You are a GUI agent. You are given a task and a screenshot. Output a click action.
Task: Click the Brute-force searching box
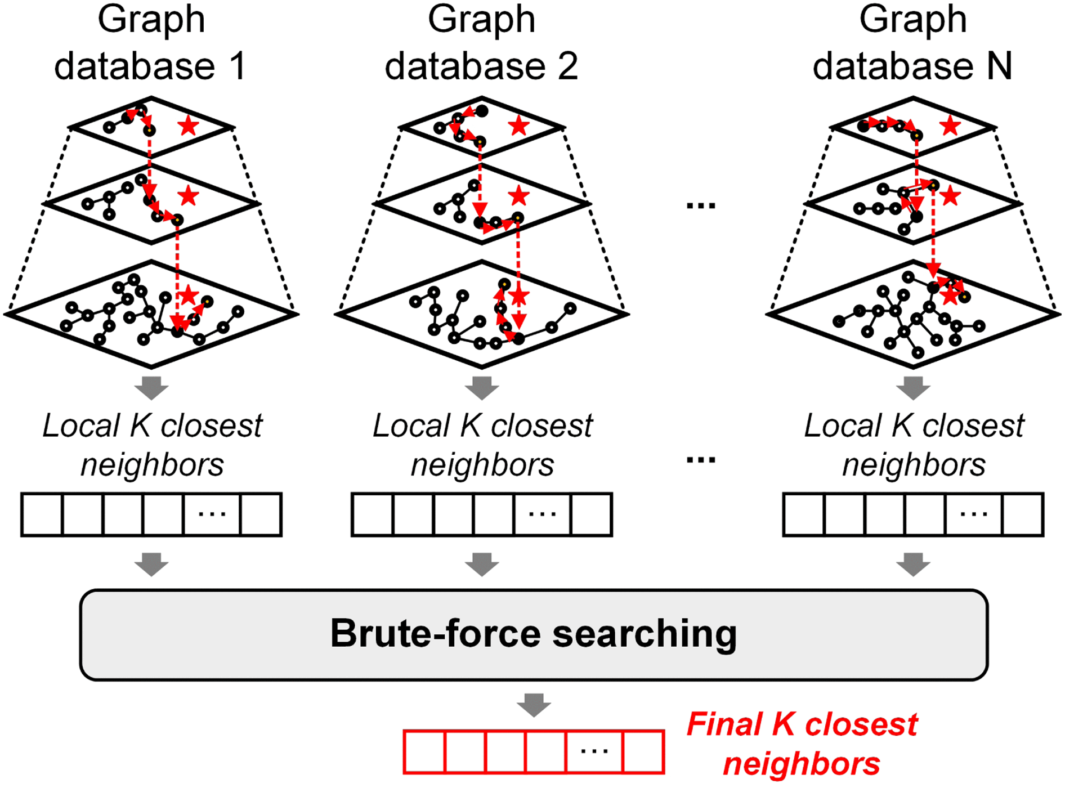click(x=534, y=634)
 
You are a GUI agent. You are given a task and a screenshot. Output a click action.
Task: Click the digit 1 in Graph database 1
click(x=238, y=66)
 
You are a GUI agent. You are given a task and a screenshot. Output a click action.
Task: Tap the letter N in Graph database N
click(x=999, y=66)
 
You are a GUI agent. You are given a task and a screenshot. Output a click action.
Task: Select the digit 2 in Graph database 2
click(x=567, y=66)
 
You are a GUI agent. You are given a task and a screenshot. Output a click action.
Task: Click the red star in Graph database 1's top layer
click(x=188, y=126)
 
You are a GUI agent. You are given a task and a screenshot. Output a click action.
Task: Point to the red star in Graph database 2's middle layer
click(x=518, y=196)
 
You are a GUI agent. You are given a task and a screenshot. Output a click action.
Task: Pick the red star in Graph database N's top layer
click(x=950, y=126)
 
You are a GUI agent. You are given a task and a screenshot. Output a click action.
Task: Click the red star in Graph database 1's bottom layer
click(x=188, y=295)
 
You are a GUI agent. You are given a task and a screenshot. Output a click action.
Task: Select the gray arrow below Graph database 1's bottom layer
click(x=152, y=388)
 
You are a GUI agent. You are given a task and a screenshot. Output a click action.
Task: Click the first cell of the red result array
click(x=425, y=752)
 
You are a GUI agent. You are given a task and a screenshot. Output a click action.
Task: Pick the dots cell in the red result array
click(x=594, y=752)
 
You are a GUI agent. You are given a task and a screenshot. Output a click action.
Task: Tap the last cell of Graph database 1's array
click(x=261, y=514)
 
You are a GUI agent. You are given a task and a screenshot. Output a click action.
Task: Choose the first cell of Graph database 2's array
click(x=373, y=514)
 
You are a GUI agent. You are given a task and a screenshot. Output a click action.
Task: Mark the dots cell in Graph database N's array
click(x=974, y=514)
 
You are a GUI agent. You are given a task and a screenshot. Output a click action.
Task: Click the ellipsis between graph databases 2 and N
click(x=701, y=206)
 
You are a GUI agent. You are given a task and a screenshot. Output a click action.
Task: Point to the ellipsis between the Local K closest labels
click(x=701, y=460)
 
